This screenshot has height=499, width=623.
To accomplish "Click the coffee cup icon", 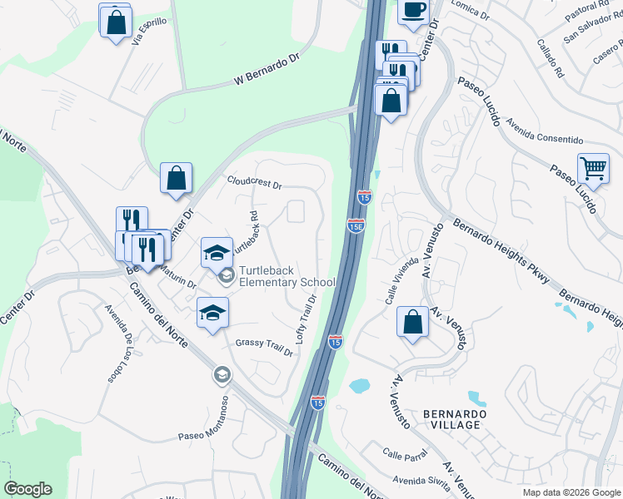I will (413, 9).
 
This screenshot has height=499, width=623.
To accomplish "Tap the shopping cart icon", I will (594, 167).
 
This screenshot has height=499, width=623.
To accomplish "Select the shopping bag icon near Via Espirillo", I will (116, 21).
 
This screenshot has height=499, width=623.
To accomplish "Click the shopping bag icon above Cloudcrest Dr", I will (176, 178).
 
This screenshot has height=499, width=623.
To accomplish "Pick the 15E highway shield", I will (355, 226).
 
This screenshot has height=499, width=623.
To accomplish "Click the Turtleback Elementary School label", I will (287, 276).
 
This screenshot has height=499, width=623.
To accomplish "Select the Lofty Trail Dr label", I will (307, 319).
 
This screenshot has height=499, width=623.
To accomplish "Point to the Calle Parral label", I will (406, 455).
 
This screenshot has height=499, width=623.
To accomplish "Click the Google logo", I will (28, 489).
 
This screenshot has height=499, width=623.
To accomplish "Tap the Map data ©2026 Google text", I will (571, 492).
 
